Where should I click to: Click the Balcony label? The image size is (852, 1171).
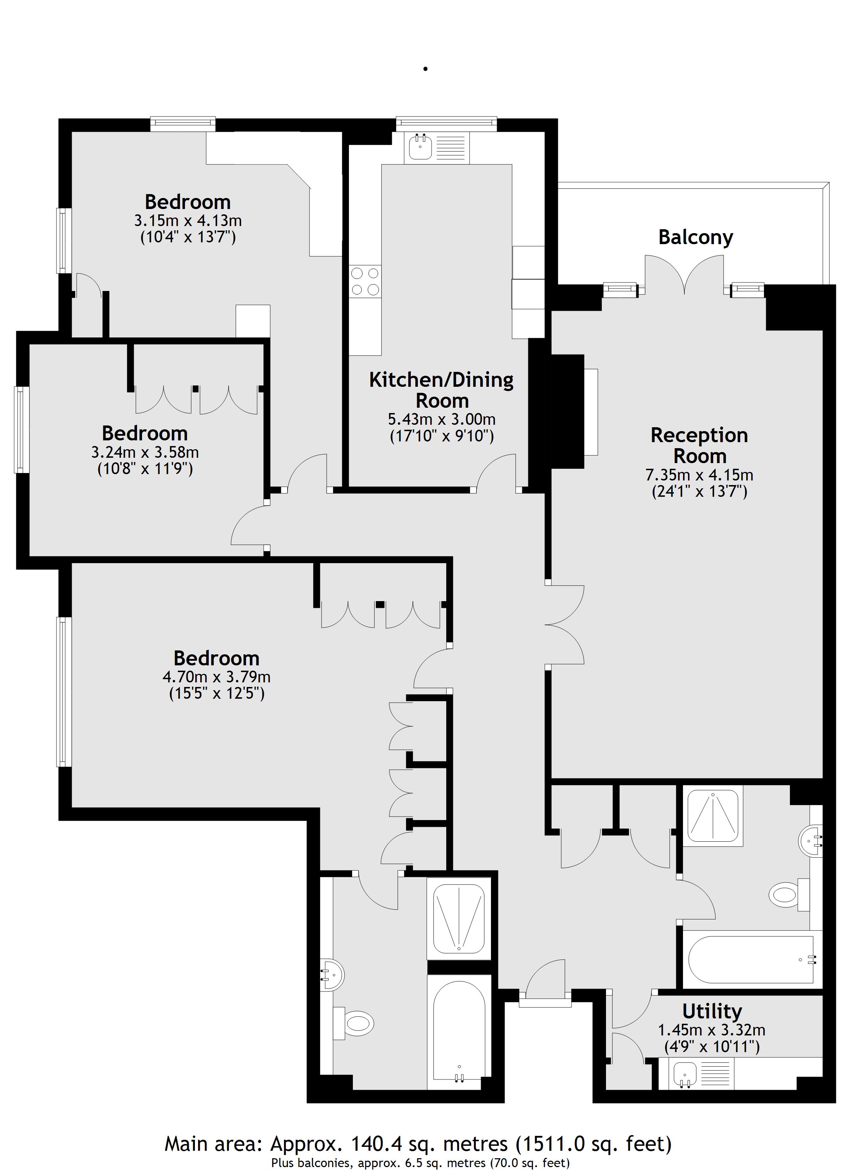695,237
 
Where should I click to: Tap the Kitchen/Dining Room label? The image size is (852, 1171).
441,390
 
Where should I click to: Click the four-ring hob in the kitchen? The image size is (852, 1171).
365,281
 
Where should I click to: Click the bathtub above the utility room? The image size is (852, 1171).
752,960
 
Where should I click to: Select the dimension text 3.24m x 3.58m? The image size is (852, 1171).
145,452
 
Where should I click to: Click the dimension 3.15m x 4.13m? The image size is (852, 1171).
187,221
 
